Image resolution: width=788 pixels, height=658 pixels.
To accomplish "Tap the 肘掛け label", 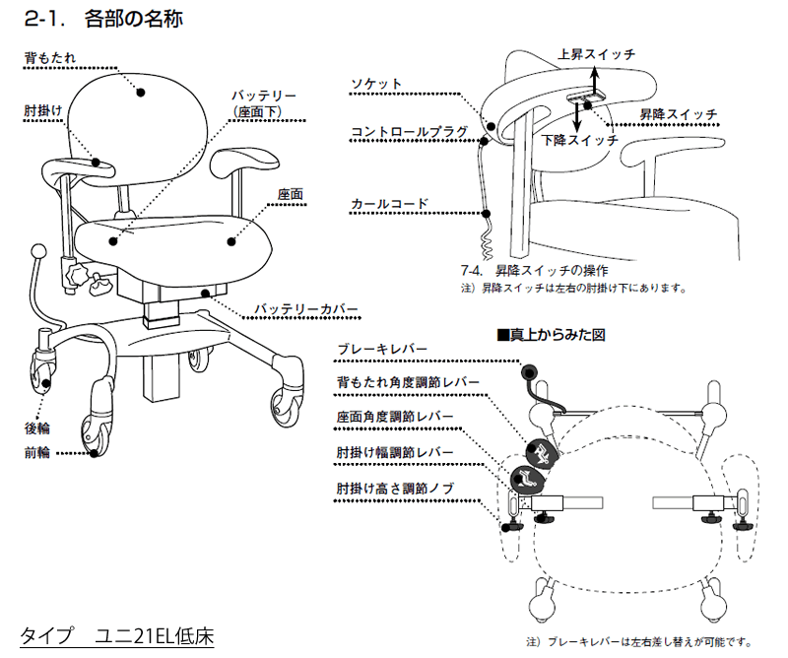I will coord(43,111).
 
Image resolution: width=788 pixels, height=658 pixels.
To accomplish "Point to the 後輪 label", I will coord(36,428).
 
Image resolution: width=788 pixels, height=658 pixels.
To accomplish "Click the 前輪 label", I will coord(36,453).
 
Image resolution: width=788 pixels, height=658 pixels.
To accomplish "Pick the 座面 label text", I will coord(290,194).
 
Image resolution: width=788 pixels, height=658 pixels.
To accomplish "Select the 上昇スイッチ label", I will coord(596,53).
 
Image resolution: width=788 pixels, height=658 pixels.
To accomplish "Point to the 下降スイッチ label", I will coord(580,140).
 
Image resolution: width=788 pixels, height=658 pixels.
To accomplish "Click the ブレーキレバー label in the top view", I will coord(381,350).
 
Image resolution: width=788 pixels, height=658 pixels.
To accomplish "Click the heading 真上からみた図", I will coord(557,334).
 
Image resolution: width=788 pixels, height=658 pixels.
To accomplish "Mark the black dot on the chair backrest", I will coord(141,92).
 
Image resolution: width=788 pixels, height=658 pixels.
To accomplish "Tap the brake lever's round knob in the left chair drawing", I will coord(39,250).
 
